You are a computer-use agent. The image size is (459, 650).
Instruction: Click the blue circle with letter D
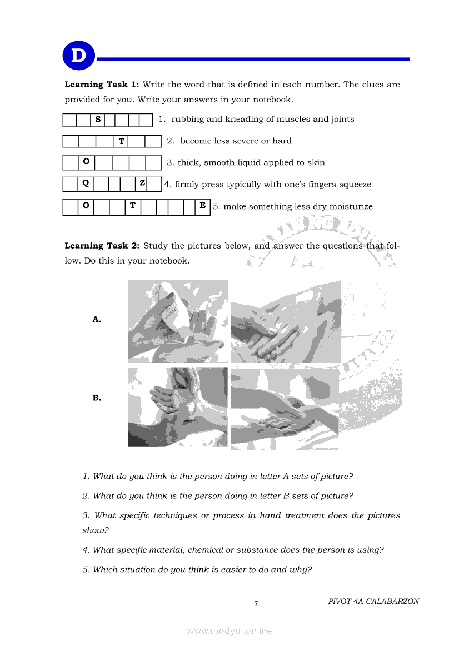pyautogui.click(x=79, y=56)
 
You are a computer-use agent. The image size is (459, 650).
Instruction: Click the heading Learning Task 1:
pyautogui.click(x=102, y=85)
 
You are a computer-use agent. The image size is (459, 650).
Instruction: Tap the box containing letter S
pyautogui.click(x=98, y=120)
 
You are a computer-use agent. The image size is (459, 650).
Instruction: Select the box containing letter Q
pyautogui.click(x=86, y=183)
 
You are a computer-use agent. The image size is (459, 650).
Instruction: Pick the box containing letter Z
pyautogui.click(x=142, y=183)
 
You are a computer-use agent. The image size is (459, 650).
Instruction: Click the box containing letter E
pyautogui.click(x=203, y=206)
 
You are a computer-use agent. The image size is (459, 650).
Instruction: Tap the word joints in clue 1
pyautogui.click(x=341, y=119)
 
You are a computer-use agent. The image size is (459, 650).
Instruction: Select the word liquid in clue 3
pyautogui.click(x=251, y=163)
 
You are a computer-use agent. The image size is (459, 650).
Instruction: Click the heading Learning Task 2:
pyautogui.click(x=102, y=246)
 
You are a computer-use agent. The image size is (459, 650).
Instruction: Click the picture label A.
pyautogui.click(x=97, y=319)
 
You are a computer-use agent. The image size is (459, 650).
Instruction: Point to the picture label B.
pyautogui.click(x=97, y=398)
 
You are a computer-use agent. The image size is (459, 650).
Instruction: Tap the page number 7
pyautogui.click(x=256, y=604)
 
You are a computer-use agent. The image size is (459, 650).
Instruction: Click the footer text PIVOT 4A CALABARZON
pyautogui.click(x=373, y=601)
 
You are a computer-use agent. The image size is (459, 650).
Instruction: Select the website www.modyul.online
pyautogui.click(x=229, y=631)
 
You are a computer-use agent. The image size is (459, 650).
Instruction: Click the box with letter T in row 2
pyautogui.click(x=121, y=141)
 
